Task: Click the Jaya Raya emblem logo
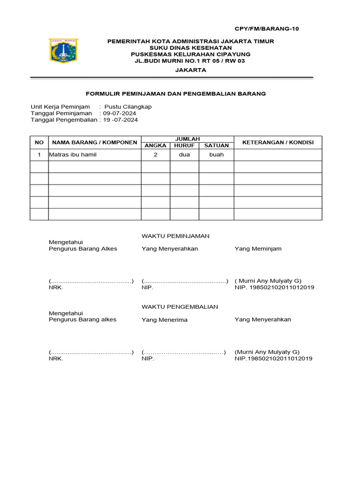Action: coord(64,51)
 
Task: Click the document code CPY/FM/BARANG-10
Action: coord(267,29)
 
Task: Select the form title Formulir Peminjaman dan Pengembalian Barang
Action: coord(175,94)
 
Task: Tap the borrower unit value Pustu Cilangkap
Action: coord(128,107)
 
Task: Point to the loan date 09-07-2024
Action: coord(120,113)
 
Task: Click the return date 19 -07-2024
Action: coord(121,120)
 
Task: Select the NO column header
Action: coord(39,143)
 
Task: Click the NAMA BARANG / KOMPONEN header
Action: coord(95,143)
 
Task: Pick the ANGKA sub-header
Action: coord(155,146)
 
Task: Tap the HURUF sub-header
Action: coord(184,146)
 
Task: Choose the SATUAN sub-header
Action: coord(216,146)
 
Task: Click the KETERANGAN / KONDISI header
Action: coord(278,143)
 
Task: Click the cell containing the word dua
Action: coord(184,155)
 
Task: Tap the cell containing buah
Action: coord(216,155)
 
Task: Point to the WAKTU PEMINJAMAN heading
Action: coord(175,236)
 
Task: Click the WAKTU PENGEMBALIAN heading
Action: coord(180,307)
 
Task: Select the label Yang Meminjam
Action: coord(258,249)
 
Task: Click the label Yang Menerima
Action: coord(165,320)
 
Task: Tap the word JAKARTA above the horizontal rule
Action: coord(190,70)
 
